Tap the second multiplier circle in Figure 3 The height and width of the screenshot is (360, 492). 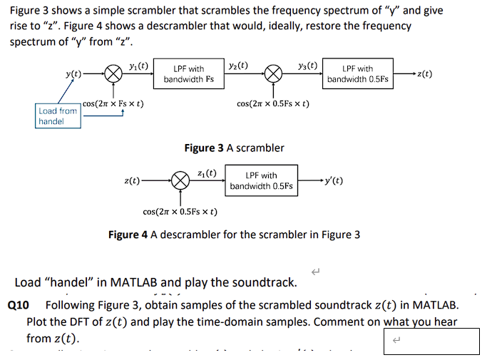pyautogui.click(x=273, y=74)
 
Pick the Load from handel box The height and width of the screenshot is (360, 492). pyautogui.click(x=58, y=116)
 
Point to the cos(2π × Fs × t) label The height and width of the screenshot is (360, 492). pyautogui.click(x=113, y=104)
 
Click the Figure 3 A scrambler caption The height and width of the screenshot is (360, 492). pyautogui.click(x=234, y=148)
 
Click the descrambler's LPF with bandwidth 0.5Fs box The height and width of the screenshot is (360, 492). pyautogui.click(x=261, y=181)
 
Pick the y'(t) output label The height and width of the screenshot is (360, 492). pyautogui.click(x=333, y=180)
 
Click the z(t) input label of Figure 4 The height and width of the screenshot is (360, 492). pyautogui.click(x=132, y=181)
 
